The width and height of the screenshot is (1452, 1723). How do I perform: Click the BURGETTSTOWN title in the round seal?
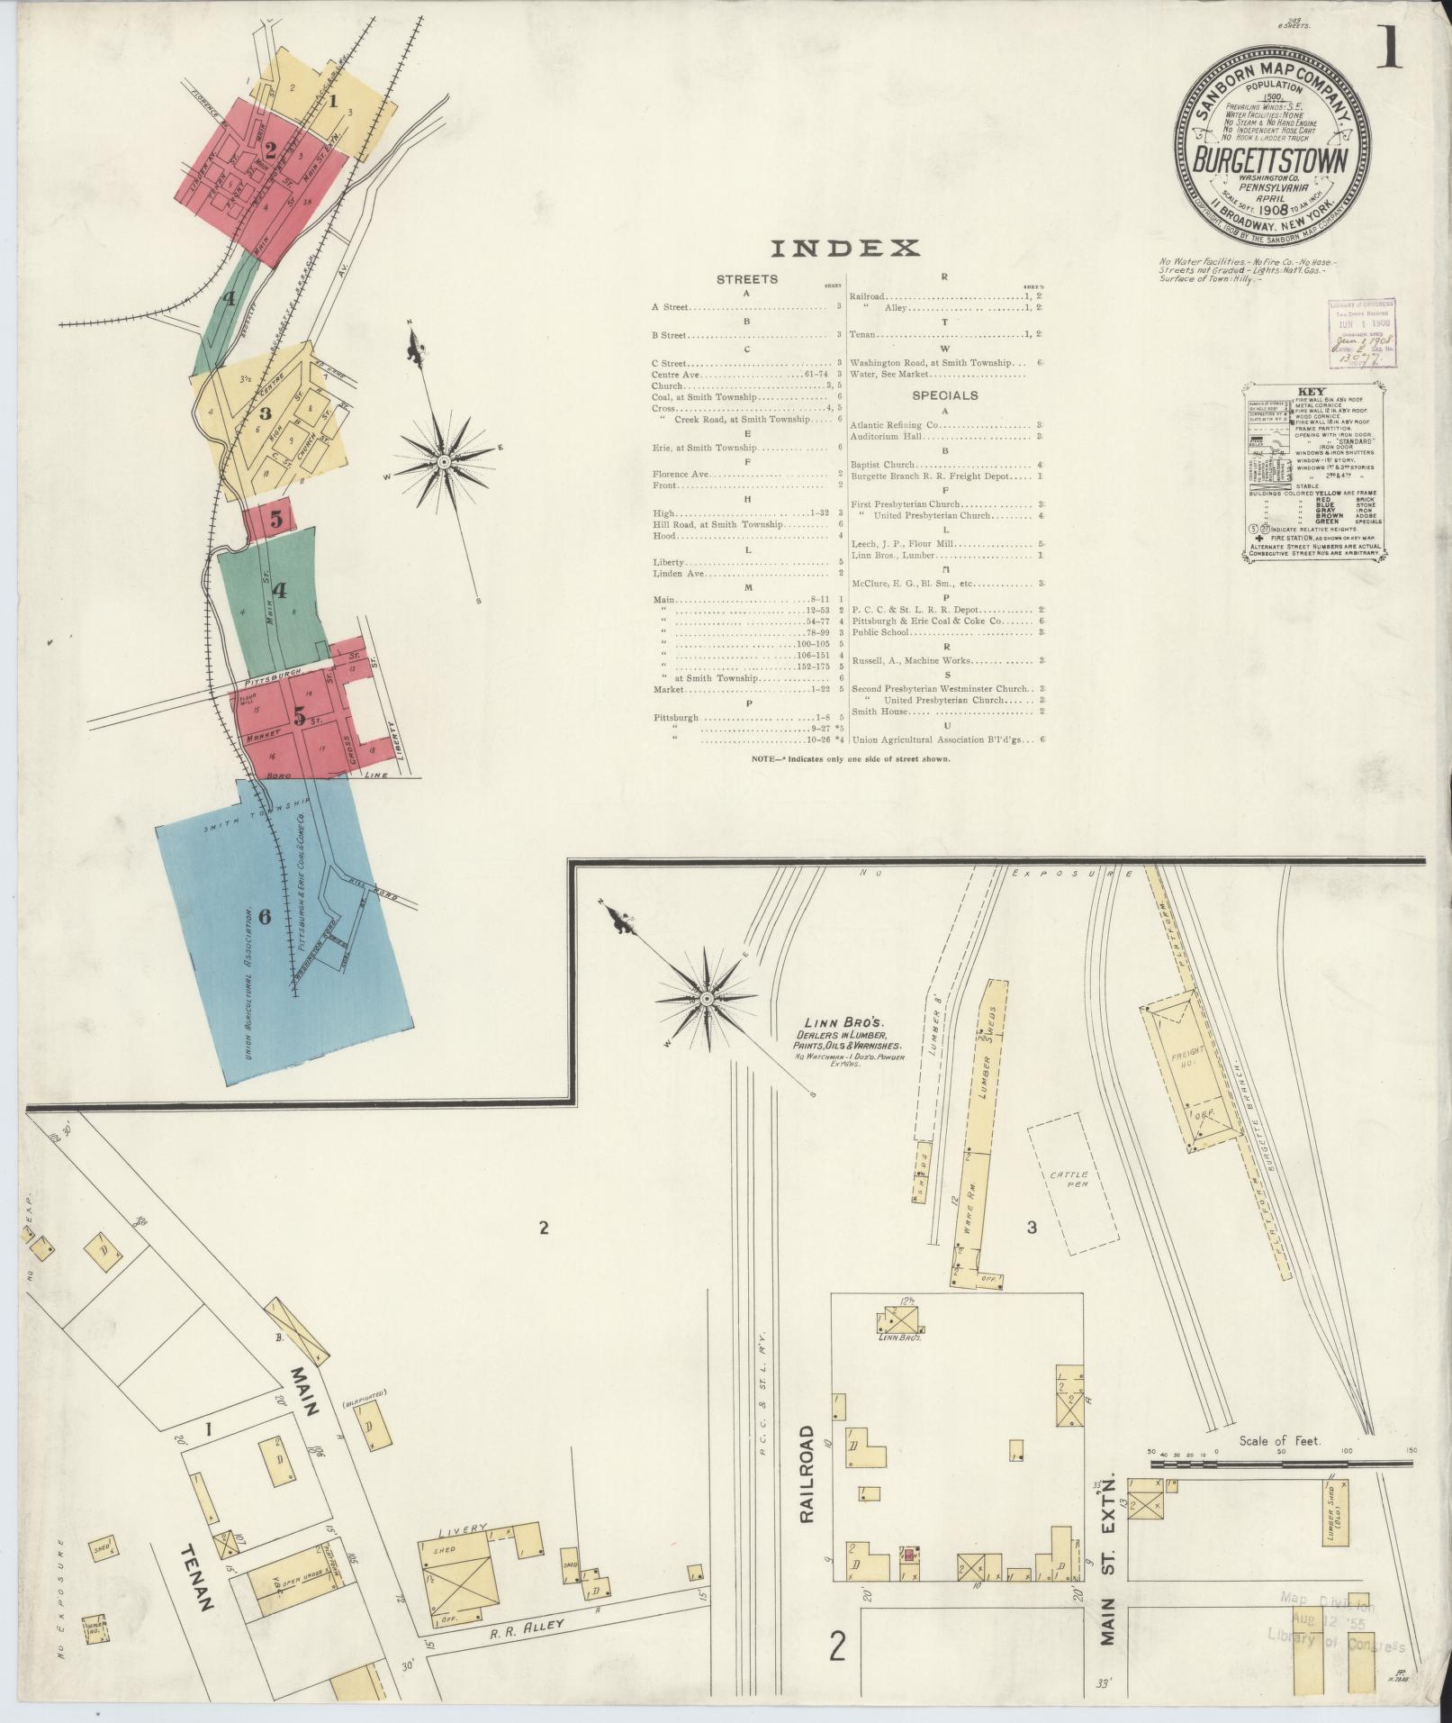(x=1271, y=162)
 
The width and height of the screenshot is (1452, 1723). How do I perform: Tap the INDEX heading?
(x=845, y=248)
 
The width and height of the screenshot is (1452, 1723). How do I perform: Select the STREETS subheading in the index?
(x=746, y=279)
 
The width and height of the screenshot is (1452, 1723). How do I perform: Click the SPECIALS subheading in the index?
(x=944, y=394)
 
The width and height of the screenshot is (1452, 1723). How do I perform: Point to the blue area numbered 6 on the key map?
(x=279, y=928)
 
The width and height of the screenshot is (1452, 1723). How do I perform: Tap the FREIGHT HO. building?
(x=1185, y=1069)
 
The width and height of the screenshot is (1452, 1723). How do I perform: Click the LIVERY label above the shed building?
(x=463, y=1528)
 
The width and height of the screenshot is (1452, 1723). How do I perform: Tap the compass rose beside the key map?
(x=444, y=462)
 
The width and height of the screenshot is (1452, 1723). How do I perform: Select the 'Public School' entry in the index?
(x=882, y=632)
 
